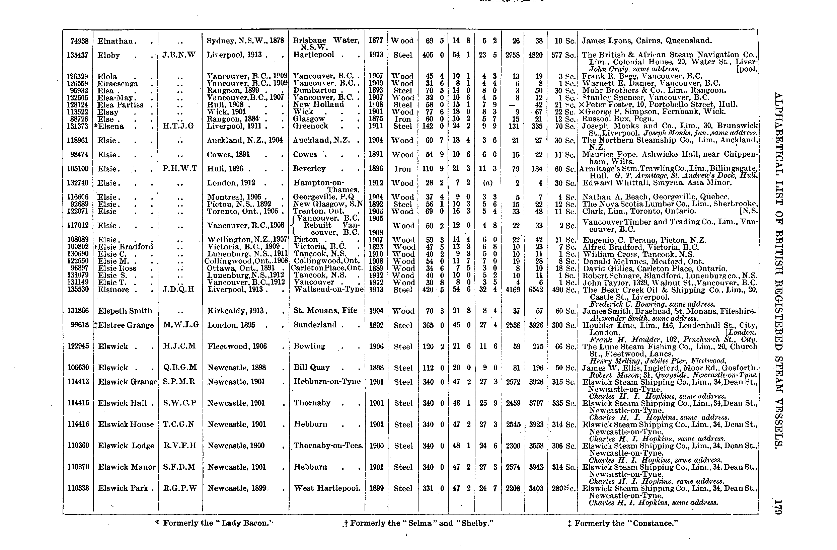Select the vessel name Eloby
point(109,55)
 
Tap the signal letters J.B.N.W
point(179,55)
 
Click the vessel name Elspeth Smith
point(125,311)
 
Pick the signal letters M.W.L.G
point(181,325)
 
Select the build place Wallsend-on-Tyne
point(328,289)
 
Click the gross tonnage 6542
point(536,290)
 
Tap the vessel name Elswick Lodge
point(126,446)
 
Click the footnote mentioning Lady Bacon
point(214,523)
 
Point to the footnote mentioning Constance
point(622,523)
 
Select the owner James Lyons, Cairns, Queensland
point(647,41)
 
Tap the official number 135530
point(78,290)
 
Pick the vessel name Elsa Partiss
point(120,105)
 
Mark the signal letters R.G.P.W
point(180,488)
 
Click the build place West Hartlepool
point(327,488)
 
